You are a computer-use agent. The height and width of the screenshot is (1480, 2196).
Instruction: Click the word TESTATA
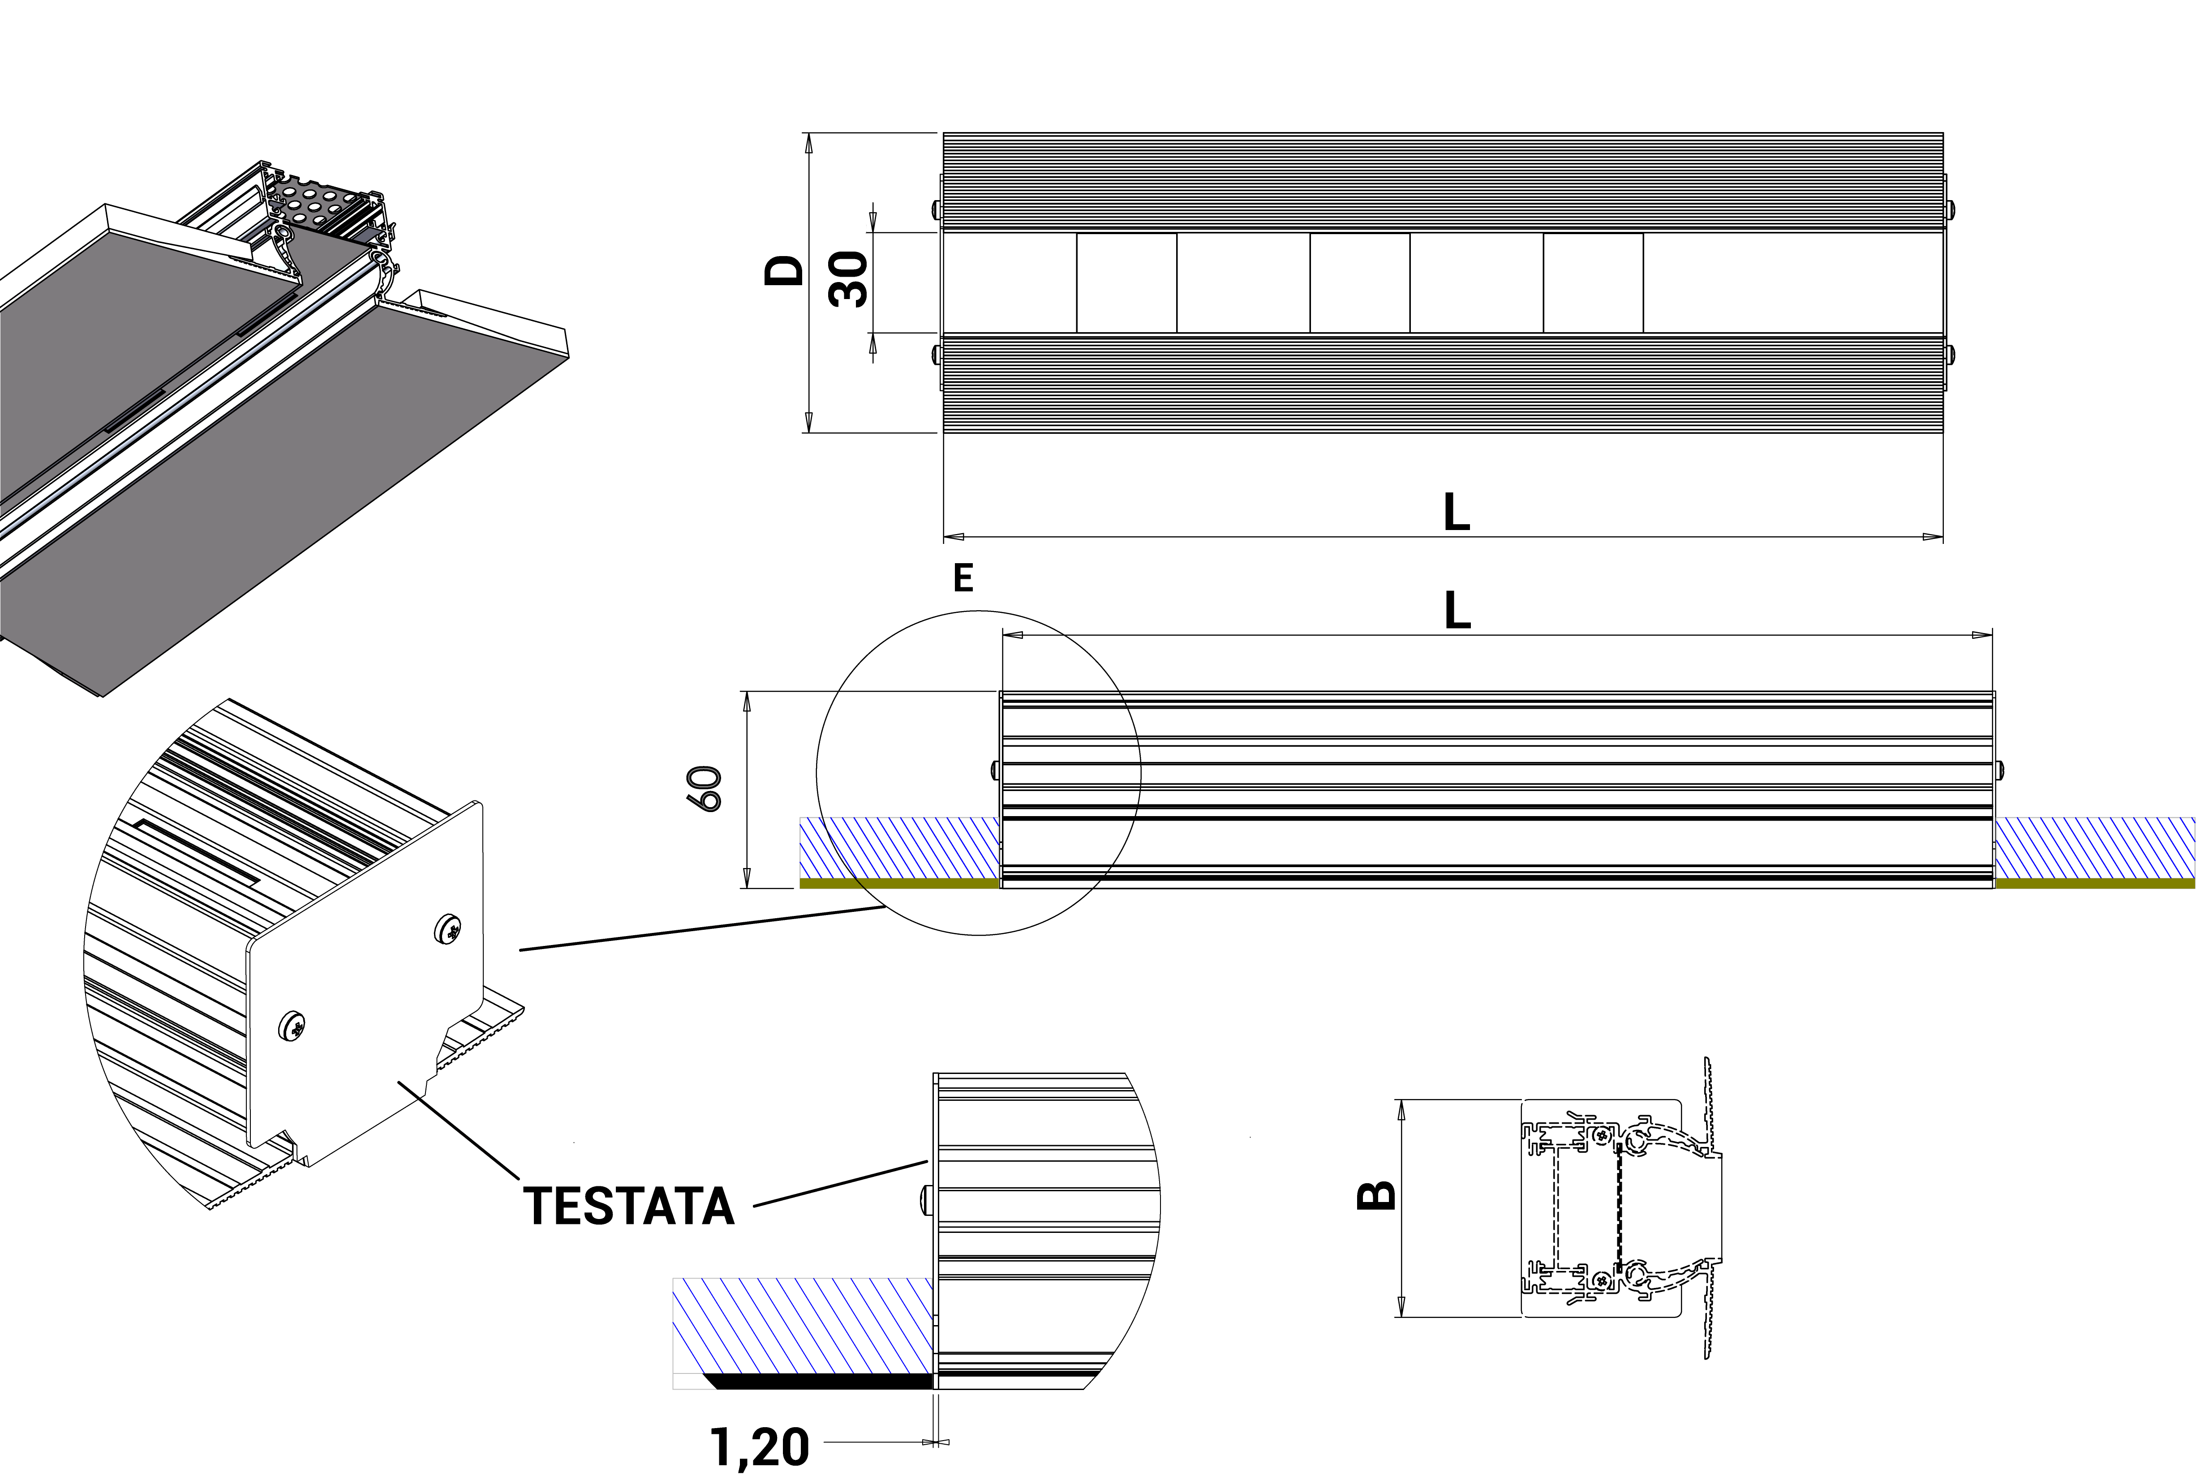coord(629,1206)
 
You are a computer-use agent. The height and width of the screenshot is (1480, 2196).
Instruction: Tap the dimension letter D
coord(784,271)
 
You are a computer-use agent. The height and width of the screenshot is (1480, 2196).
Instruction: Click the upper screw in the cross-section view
coord(1602,1137)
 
